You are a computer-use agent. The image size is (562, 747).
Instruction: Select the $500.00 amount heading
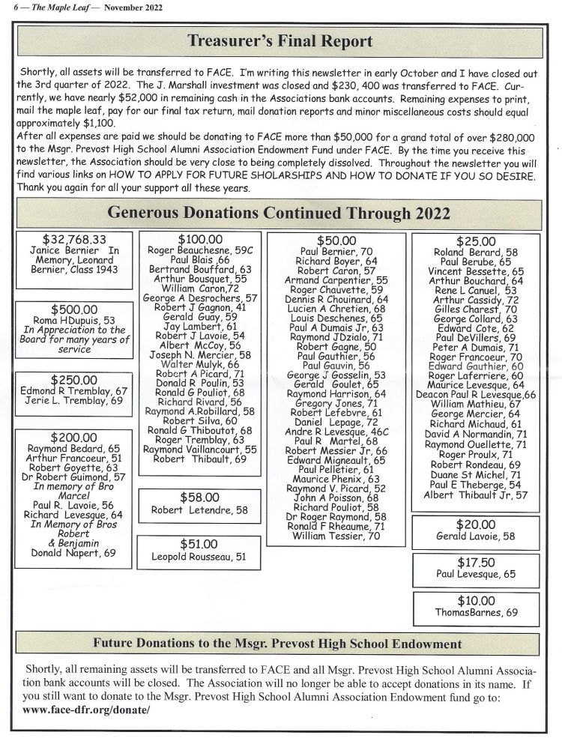coord(74,309)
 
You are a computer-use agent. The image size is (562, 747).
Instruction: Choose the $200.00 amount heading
coord(73,437)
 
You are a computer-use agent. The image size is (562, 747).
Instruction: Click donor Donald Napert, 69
coord(73,553)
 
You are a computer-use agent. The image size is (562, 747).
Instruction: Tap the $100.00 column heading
coord(199,239)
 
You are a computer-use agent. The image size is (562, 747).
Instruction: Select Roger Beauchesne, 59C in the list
coord(200,250)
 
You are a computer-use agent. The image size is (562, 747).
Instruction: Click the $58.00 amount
coord(199,497)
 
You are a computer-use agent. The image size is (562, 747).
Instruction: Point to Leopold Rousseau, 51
coord(199,556)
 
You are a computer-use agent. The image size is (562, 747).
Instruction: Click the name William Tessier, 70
coord(336,536)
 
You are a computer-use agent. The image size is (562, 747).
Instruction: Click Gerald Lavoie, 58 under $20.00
coord(476,536)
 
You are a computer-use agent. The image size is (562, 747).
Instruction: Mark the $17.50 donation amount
coord(476,561)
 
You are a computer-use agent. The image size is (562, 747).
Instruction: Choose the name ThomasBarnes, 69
coord(476,612)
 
